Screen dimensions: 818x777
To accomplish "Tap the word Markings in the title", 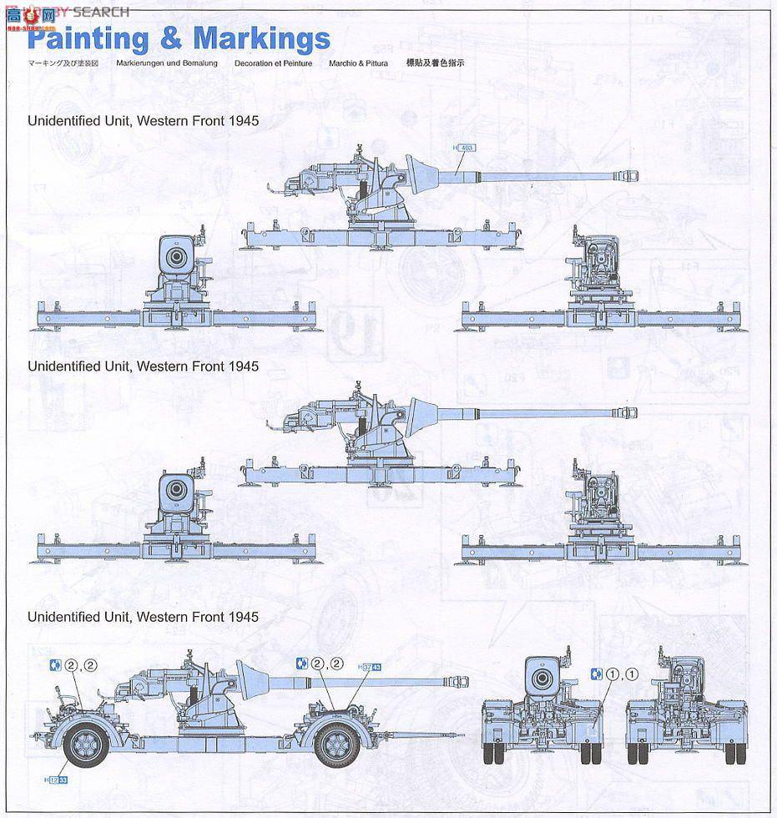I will [261, 38].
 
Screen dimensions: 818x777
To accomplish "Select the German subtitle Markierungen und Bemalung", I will [167, 63].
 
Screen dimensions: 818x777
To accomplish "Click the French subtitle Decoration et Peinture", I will [273, 63].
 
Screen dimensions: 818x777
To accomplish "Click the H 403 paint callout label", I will [463, 148].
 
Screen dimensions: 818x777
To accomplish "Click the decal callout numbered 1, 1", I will [617, 674].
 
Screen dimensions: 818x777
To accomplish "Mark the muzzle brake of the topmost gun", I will [628, 174].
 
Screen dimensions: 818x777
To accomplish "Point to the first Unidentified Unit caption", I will [143, 121].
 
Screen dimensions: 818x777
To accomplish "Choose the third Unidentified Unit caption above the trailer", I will [143, 617].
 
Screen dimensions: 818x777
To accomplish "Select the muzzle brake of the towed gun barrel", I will [457, 681].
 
